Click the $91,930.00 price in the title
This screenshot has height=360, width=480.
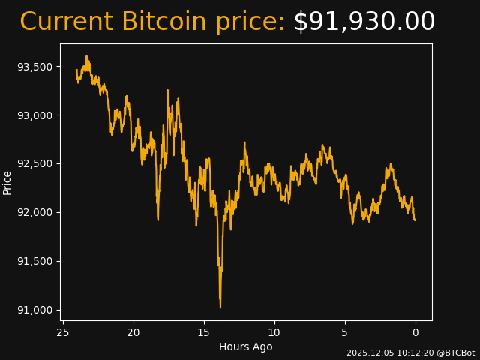click(364, 22)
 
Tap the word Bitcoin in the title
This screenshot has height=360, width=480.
click(163, 22)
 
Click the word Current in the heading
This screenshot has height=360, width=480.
click(66, 22)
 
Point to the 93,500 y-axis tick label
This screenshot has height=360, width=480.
click(35, 67)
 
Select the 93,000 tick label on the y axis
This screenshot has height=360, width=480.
click(35, 115)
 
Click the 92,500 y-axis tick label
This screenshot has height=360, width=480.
click(35, 164)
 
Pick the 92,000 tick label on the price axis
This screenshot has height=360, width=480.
click(35, 212)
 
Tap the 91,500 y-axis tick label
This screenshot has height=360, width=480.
click(35, 261)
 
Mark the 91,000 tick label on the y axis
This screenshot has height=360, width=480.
click(35, 310)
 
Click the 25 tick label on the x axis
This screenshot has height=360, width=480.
click(63, 332)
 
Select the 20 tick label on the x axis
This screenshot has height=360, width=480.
click(133, 332)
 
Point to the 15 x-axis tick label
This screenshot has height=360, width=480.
click(204, 332)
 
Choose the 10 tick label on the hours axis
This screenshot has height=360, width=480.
click(274, 332)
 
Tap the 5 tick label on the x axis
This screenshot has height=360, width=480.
click(345, 332)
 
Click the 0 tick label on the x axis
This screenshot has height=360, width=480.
click(415, 332)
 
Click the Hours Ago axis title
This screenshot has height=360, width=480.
click(246, 346)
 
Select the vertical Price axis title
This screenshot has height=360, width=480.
click(7, 182)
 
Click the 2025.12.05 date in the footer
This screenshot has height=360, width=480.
click(368, 352)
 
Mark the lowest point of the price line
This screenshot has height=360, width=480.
click(220, 307)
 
